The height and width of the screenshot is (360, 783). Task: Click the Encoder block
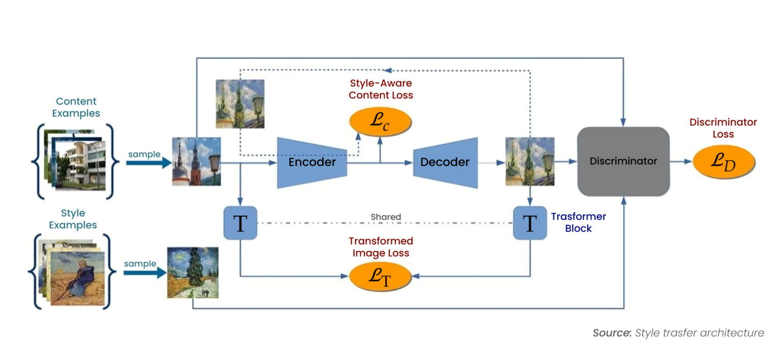click(x=311, y=162)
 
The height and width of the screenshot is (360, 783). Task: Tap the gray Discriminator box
click(x=623, y=161)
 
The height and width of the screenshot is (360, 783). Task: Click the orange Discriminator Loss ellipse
click(x=723, y=162)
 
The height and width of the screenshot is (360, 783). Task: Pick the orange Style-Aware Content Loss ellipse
click(x=380, y=123)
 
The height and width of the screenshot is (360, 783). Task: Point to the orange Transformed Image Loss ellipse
click(x=380, y=276)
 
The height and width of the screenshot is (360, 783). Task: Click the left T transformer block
click(x=240, y=223)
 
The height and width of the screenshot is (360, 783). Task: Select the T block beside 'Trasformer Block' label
click(x=530, y=223)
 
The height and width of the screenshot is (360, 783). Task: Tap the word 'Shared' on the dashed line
click(x=385, y=217)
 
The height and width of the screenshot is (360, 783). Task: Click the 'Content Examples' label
click(x=76, y=107)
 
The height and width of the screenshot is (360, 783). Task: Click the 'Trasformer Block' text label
click(x=578, y=222)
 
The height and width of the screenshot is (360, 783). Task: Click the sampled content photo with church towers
click(x=196, y=161)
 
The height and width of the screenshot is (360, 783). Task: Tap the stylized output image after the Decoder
click(x=530, y=161)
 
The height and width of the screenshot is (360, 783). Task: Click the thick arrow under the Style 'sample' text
click(x=145, y=273)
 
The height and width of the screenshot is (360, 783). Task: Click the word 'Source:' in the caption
click(x=612, y=333)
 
